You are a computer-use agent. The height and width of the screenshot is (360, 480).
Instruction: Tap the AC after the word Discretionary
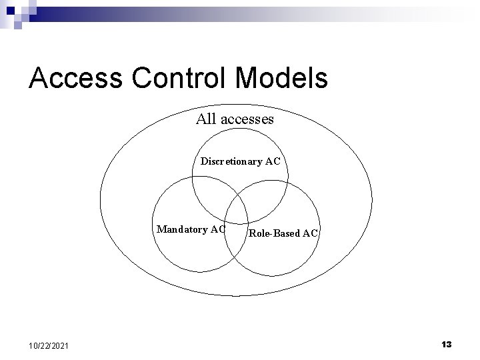[272, 161]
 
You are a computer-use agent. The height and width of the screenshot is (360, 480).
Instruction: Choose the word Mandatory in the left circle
[181, 229]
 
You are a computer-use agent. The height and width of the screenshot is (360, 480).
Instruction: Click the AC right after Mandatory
[217, 229]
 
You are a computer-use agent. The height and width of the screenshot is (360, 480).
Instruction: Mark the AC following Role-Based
[310, 233]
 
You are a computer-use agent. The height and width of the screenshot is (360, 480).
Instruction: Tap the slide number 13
[446, 344]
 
